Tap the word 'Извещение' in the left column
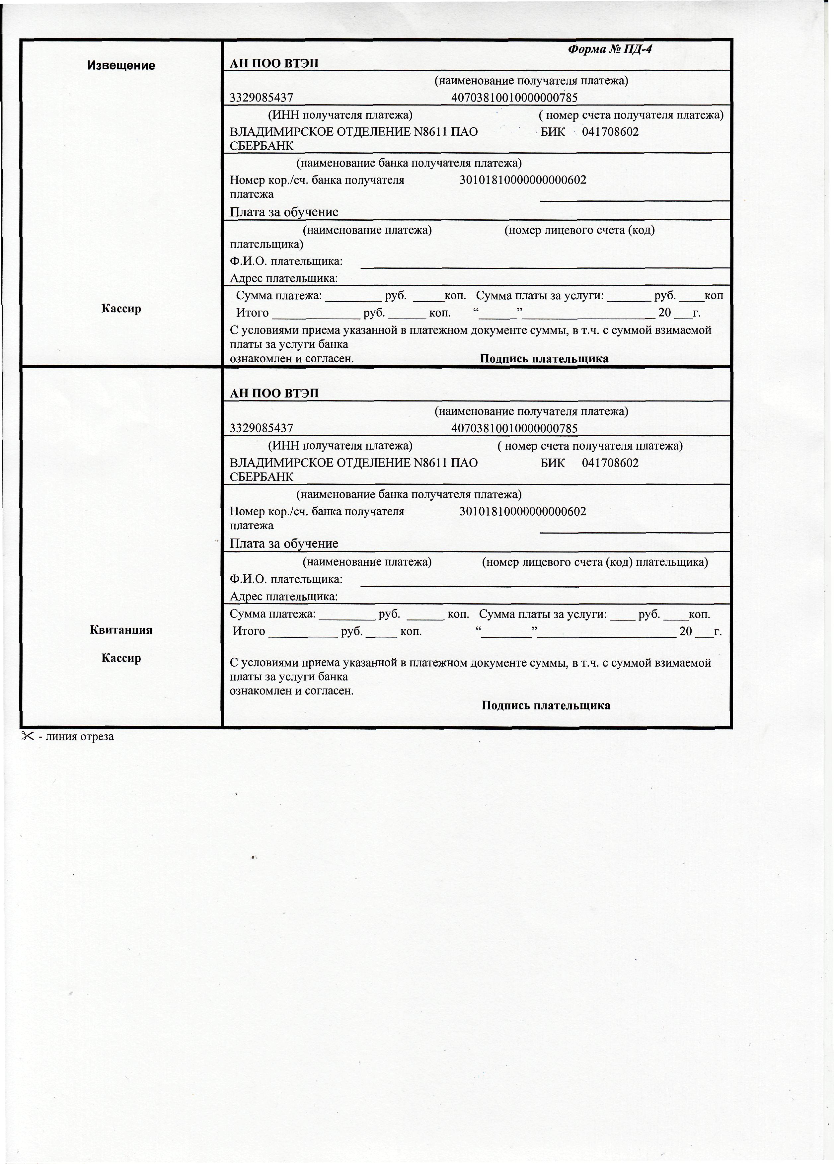click(x=121, y=66)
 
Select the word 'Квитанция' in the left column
click(x=121, y=630)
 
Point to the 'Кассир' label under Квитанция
click(x=121, y=658)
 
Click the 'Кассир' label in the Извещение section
click(x=121, y=309)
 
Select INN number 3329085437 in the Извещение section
click(x=261, y=98)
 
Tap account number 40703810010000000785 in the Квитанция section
click(x=514, y=428)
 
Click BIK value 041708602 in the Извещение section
click(x=610, y=132)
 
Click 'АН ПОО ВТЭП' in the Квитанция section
click(x=274, y=394)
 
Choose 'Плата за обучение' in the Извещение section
click(x=284, y=212)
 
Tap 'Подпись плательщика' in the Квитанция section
click(x=546, y=705)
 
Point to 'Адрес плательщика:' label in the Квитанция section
click(x=283, y=596)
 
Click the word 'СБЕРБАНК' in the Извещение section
click(x=262, y=146)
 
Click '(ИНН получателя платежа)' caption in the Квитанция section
click(x=340, y=446)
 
